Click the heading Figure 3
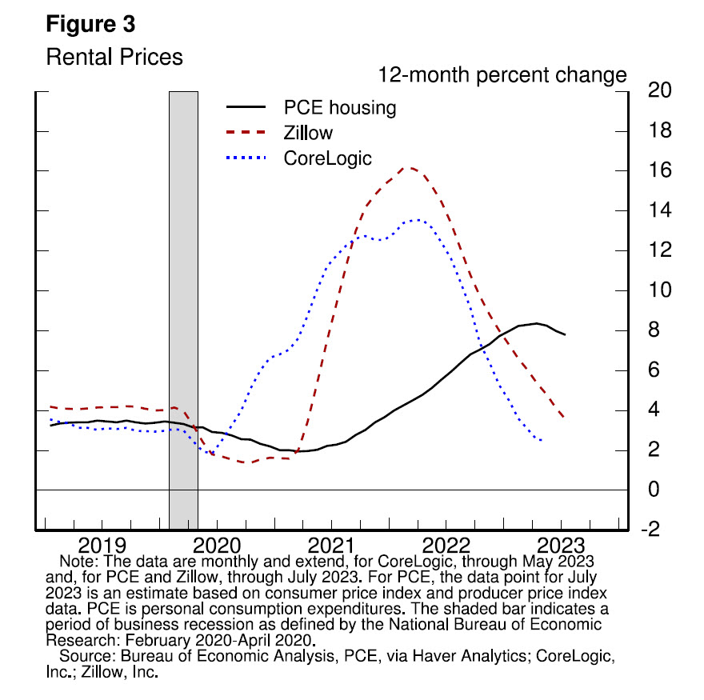pos(90,25)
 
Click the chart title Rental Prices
pos(114,58)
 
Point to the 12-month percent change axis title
pos(502,76)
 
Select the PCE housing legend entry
pos(340,108)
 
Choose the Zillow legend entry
pos(308,133)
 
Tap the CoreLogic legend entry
pos(328,158)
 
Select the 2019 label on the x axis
pos(103,547)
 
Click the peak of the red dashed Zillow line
pos(408,168)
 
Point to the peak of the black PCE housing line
pos(537,323)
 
